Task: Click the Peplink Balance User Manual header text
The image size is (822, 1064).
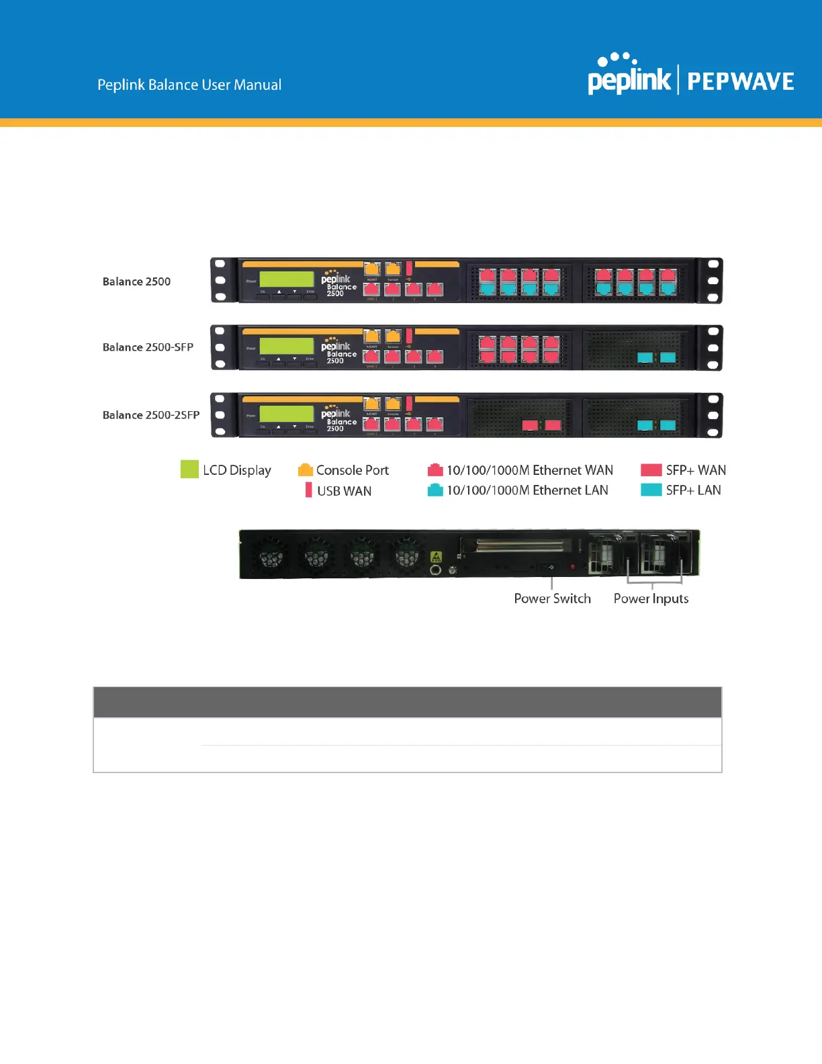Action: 189,85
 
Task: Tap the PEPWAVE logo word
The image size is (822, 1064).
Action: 740,82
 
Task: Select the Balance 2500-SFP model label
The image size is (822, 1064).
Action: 148,347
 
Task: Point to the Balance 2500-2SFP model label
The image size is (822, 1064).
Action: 151,415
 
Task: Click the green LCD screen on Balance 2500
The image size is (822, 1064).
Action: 287,279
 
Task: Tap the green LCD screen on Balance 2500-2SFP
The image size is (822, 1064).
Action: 287,413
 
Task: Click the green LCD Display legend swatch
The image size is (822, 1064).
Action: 189,469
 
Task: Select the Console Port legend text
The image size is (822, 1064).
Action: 353,470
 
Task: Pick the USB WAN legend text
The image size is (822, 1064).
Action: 344,491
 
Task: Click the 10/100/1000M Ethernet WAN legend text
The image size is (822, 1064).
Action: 529,470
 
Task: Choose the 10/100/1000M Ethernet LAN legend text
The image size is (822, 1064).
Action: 527,490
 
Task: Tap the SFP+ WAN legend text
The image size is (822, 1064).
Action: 696,470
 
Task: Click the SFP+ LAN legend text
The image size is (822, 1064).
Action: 693,490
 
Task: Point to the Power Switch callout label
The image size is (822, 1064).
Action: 552,598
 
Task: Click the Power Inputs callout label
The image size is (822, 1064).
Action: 651,598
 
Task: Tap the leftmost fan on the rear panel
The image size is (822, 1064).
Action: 271,556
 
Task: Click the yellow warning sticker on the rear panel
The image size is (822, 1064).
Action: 436,557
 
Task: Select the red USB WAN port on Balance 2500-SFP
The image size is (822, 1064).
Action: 409,335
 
